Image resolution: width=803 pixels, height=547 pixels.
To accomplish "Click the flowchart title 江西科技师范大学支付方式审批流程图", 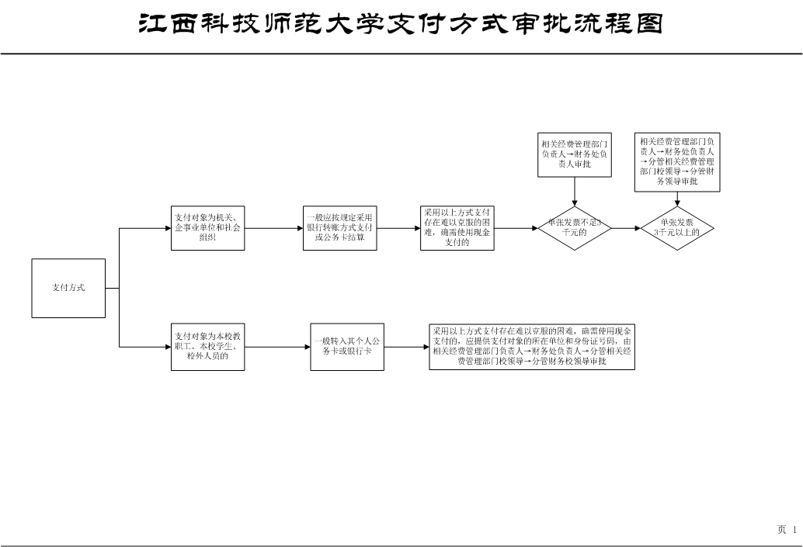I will point(401,24).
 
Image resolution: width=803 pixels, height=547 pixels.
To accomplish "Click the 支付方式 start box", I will point(68,288).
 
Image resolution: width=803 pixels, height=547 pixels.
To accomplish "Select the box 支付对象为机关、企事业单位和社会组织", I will point(207,228).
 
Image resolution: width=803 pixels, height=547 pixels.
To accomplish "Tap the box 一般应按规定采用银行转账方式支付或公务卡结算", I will point(339,228).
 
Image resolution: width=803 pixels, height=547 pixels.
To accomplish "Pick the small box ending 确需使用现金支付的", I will point(457,228).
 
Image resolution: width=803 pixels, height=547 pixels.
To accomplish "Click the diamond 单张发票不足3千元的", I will point(575,228).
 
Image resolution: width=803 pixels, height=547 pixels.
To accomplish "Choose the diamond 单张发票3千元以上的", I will point(676,228).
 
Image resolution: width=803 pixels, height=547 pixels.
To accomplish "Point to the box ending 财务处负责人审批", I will point(575,154).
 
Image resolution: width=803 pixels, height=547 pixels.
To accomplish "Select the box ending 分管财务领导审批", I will point(677,161).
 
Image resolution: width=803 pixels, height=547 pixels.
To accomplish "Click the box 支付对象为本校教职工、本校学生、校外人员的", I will point(207,347).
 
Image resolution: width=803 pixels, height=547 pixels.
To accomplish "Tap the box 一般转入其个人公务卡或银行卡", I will point(347,347).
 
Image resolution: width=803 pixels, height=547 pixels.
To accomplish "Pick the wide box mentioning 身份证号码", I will point(532,347).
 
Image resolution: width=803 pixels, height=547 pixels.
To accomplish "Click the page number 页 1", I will point(787,530).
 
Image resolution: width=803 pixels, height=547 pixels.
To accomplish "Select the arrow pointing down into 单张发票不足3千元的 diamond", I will point(575,192).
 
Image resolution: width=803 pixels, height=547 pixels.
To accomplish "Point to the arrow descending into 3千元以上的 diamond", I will point(676,199).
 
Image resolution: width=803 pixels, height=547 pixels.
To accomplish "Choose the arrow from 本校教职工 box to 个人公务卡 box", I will point(277,347).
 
